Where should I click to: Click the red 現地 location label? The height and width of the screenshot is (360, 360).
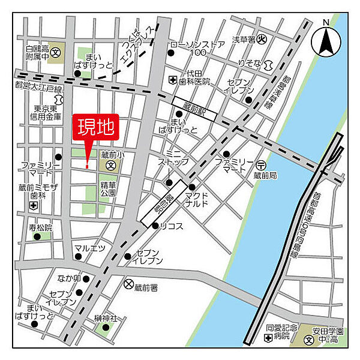coord(96,128)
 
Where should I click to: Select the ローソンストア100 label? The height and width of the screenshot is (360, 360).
coord(197,48)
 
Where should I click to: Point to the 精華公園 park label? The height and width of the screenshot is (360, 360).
coord(108,190)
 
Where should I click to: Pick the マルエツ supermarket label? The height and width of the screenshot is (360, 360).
coord(89,248)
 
